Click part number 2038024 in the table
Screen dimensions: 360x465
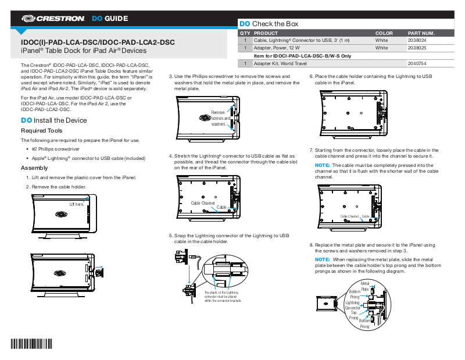tap(417, 41)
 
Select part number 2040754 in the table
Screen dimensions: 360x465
tap(417, 63)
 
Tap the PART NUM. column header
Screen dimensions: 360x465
tap(421, 34)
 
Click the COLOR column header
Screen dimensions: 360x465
tap(384, 34)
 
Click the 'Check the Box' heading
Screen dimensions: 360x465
tap(275, 24)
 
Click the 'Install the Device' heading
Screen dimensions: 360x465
tap(60, 120)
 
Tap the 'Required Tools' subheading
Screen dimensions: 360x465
tap(41, 131)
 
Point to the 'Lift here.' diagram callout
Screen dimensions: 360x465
tap(76, 204)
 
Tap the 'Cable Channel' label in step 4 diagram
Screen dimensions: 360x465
tap(203, 202)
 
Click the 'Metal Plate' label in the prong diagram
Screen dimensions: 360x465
tap(366, 286)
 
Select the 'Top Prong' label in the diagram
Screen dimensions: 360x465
tap(353, 315)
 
